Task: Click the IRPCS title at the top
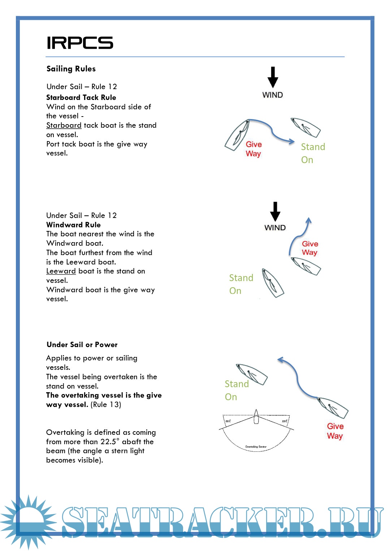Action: (80, 43)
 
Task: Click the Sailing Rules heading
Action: (71, 69)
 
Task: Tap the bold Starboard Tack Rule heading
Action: (81, 97)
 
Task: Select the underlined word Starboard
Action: (64, 125)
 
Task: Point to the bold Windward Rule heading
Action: (73, 225)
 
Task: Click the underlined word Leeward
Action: (61, 271)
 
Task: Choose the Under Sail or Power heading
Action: (82, 345)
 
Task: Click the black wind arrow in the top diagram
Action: (273, 77)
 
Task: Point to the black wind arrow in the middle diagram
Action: (275, 211)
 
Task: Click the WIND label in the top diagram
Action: (273, 95)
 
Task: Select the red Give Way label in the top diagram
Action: (253, 149)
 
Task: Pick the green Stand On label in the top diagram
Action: (313, 153)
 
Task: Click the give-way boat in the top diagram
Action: (237, 135)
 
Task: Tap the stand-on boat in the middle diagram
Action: (273, 283)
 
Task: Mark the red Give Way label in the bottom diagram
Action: (335, 431)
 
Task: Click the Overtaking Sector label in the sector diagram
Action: (256, 447)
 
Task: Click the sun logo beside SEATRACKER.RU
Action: (27, 521)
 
